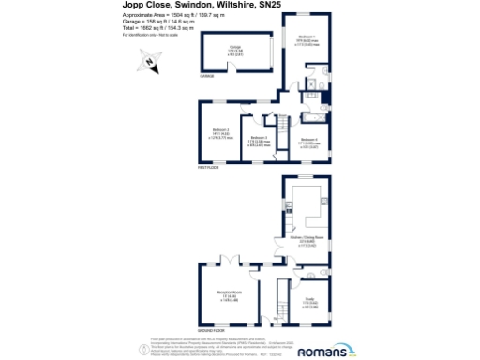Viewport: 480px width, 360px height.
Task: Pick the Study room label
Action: pyautogui.click(x=311, y=300)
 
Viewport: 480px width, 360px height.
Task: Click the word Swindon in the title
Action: pyautogui.click(x=185, y=6)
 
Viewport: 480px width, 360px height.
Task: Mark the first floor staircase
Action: pyautogui.click(x=278, y=124)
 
